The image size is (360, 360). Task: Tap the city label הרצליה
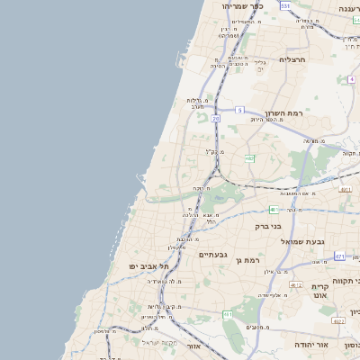click(x=294, y=59)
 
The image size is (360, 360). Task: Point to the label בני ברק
click(x=268, y=226)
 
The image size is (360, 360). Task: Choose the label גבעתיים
click(x=213, y=255)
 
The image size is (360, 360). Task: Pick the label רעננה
click(x=348, y=7)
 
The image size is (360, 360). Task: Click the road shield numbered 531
click(x=285, y=5)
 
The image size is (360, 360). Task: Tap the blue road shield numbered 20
click(x=216, y=119)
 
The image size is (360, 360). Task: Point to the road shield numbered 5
click(x=239, y=110)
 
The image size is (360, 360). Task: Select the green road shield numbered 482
click(x=249, y=158)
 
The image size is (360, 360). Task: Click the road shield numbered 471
click(x=339, y=256)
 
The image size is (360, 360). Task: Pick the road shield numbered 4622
click(x=338, y=320)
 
